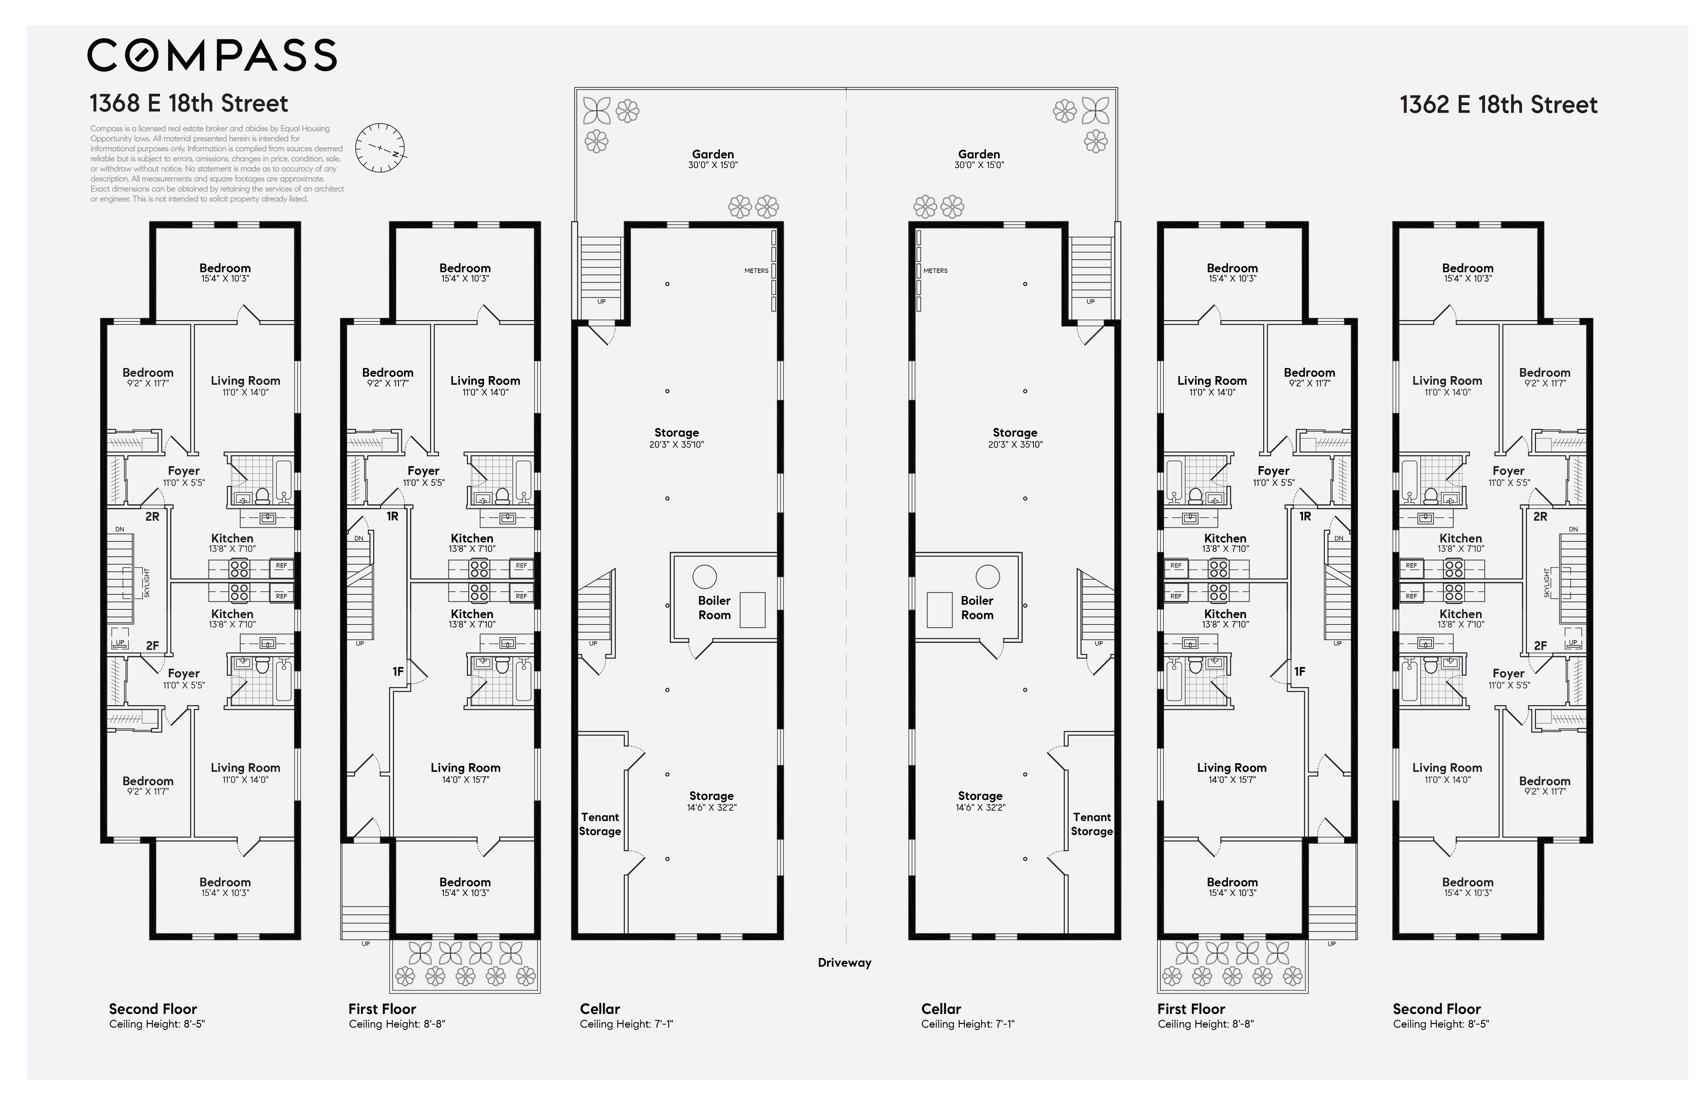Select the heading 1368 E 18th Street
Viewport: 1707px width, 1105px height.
(189, 103)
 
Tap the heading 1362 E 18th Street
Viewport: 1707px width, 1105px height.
(1498, 105)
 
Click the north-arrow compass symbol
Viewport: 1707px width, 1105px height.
(380, 148)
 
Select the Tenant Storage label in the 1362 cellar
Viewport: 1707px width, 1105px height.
(1091, 824)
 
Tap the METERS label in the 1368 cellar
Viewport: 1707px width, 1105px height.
(756, 271)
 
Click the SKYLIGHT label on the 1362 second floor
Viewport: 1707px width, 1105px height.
(1547, 583)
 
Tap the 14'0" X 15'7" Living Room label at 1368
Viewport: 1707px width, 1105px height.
(466, 773)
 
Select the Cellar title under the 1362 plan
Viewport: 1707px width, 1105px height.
(941, 1009)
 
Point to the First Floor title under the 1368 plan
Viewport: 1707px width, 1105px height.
(382, 1009)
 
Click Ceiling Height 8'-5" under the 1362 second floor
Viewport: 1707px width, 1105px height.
(1441, 1024)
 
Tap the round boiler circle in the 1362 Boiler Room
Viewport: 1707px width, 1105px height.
(988, 576)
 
